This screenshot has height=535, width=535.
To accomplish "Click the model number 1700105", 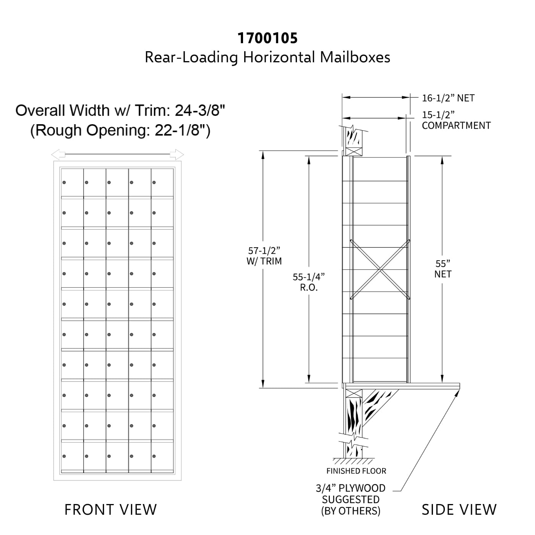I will pyautogui.click(x=267, y=38).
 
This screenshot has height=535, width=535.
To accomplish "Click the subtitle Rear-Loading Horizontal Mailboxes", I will pyautogui.click(x=267, y=57).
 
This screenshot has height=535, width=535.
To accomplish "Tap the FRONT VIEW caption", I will pyautogui.click(x=110, y=509).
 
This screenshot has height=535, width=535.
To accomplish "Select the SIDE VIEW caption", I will pyautogui.click(x=459, y=509).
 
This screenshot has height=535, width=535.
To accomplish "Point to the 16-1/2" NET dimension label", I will pyautogui.click(x=448, y=98).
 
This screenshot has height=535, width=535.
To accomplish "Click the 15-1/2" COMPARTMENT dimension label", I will pyautogui.click(x=456, y=120).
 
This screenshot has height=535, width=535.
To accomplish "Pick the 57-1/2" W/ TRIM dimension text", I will pyautogui.click(x=265, y=256).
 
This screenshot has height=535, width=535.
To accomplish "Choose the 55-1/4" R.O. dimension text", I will pyautogui.click(x=309, y=282).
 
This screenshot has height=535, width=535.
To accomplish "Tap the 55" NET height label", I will pyautogui.click(x=443, y=269).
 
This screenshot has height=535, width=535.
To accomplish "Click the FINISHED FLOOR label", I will pyautogui.click(x=356, y=471).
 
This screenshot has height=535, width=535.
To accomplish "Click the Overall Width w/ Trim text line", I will pyautogui.click(x=120, y=110).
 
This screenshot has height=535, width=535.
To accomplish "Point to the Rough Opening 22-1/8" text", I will pyautogui.click(x=120, y=130).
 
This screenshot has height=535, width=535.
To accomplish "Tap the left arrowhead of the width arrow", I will pyautogui.click(x=56, y=155).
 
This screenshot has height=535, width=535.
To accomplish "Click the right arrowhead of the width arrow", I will pyautogui.click(x=179, y=155).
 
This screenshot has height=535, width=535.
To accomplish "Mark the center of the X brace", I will pyautogui.click(x=380, y=269).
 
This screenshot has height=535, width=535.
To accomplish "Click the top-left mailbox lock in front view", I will pyautogui.click(x=64, y=183).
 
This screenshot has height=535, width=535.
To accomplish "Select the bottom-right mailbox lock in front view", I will pyautogui.click(x=154, y=456).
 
